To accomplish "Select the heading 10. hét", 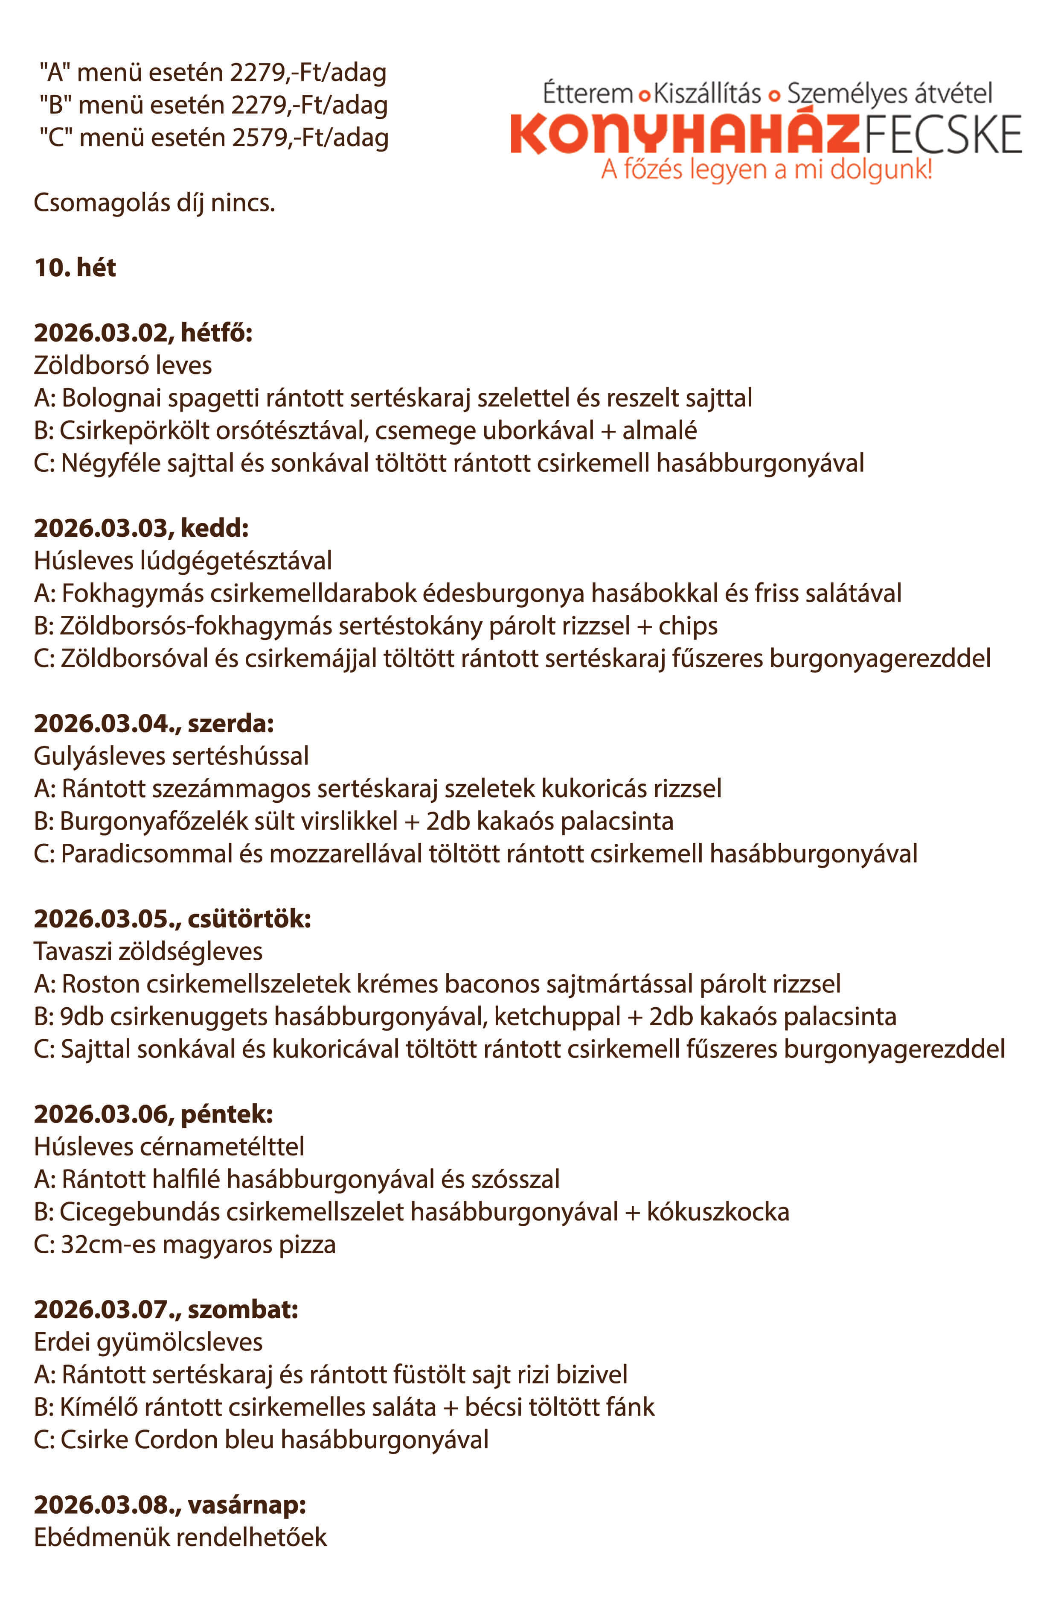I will pos(75,268).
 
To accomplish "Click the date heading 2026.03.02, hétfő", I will pos(143,333).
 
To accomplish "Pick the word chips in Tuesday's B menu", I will pos(688,626).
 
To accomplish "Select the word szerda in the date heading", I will pos(230,724).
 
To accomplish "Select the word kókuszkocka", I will pos(718,1212).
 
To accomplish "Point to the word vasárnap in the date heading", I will pos(247,1505).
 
